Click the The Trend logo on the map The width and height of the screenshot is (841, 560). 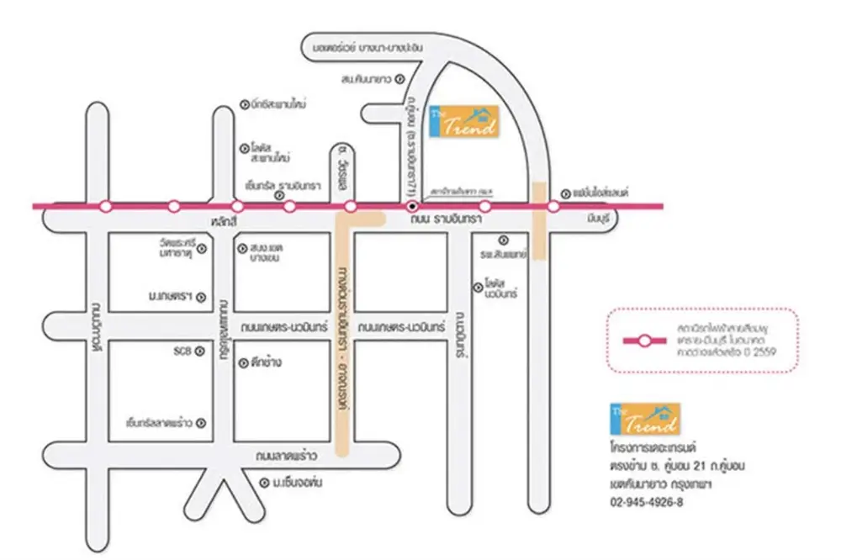463,121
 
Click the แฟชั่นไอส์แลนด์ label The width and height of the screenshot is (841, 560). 603,191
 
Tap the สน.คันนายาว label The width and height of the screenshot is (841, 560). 368,80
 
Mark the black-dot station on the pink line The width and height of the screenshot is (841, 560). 412,206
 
